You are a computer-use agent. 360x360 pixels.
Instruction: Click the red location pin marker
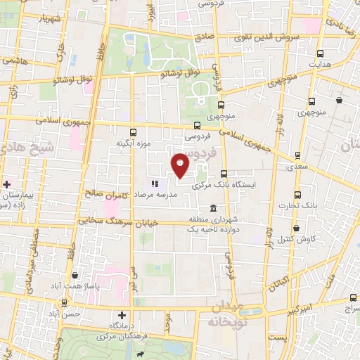click(x=181, y=165)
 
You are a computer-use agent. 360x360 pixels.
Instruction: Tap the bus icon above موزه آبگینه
click(x=133, y=131)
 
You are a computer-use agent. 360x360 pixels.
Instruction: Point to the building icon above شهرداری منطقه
click(x=214, y=207)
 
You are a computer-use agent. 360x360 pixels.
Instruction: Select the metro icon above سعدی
click(x=298, y=155)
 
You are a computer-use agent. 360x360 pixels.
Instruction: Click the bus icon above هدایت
click(x=321, y=53)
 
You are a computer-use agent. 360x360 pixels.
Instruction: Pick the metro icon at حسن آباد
click(x=65, y=303)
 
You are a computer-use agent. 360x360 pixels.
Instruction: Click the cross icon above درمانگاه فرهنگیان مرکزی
click(x=123, y=316)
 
